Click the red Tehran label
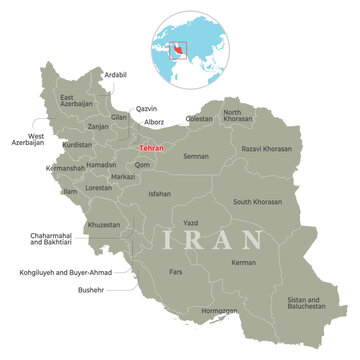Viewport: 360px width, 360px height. pos(150,148)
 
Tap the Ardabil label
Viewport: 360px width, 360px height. pos(115,75)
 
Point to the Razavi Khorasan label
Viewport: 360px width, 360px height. pos(265,149)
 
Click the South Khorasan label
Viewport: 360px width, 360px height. pos(257,201)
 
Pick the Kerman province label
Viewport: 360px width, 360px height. pos(243,263)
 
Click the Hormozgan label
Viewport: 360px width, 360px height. pos(219,310)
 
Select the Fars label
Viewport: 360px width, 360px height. pos(176,271)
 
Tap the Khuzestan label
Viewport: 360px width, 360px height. pos(104,225)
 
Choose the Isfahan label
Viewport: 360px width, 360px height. pos(159,193)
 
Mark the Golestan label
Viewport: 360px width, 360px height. pos(200,119)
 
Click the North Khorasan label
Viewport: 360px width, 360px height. pos(238,117)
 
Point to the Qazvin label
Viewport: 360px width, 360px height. pos(147,108)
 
